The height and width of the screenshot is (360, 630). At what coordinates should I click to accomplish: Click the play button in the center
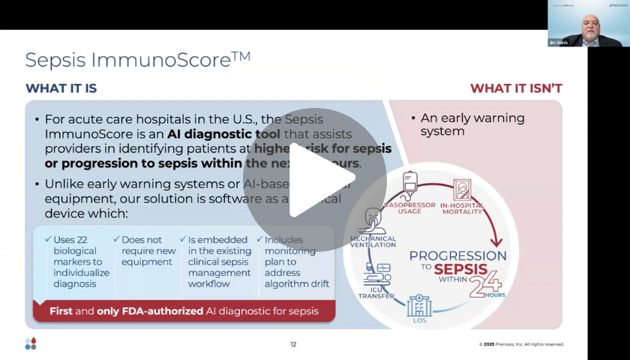[314, 180]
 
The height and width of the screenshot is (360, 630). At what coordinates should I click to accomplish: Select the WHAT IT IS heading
[61, 88]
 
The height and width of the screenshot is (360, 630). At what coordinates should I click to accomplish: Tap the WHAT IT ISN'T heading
[516, 88]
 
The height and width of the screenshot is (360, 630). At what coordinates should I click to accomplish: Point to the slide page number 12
[293, 344]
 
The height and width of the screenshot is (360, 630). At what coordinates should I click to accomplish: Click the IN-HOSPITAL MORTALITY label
[461, 207]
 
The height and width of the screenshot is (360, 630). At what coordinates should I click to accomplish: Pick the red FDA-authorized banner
[184, 310]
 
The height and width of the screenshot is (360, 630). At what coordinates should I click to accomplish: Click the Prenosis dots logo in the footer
[30, 343]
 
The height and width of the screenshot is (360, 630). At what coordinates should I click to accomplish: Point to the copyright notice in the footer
[521, 344]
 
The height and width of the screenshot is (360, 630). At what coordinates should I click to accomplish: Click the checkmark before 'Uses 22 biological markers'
[47, 240]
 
